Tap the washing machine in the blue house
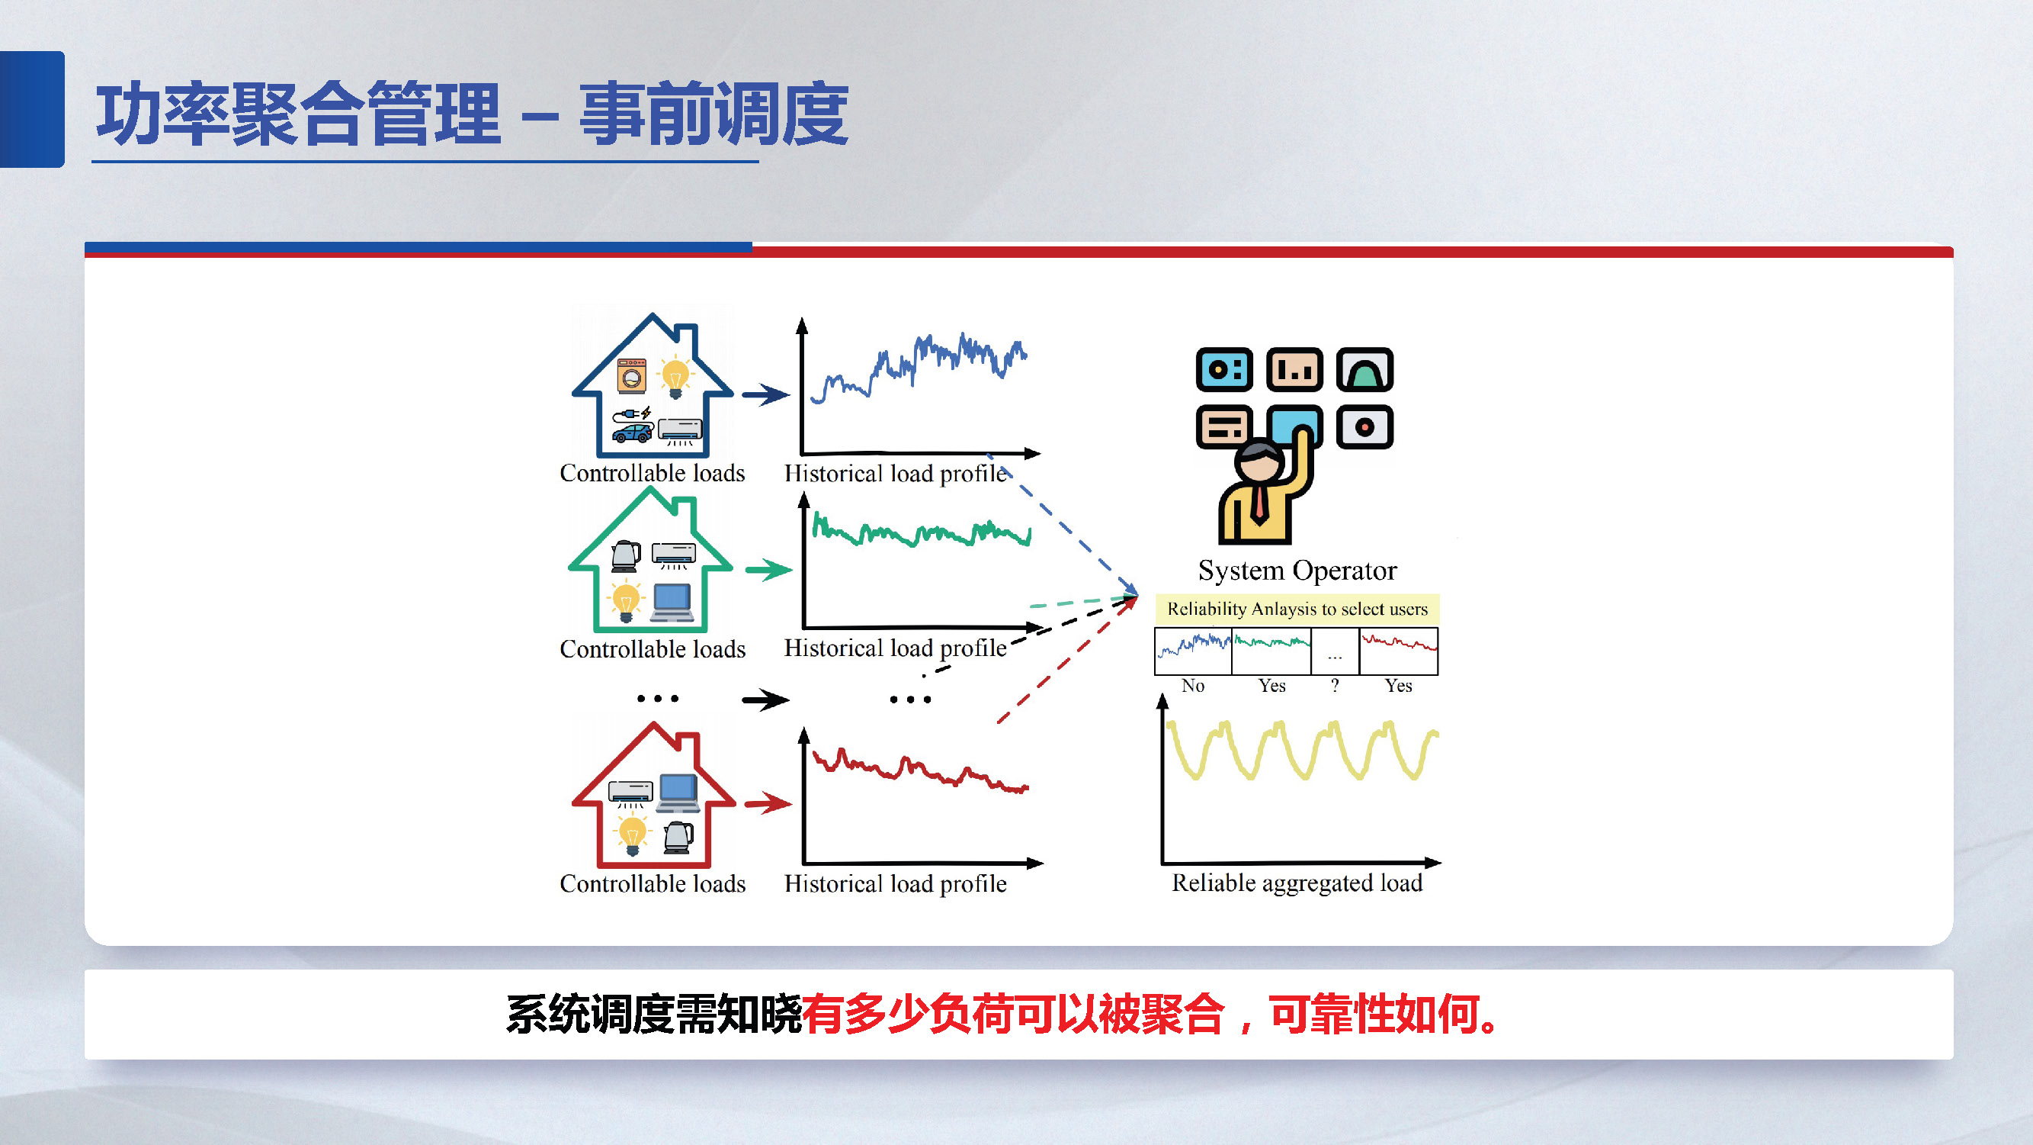pyautogui.click(x=631, y=376)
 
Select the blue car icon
pyautogui.click(x=633, y=433)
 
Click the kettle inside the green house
pyautogui.click(x=626, y=555)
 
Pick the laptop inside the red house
pyautogui.click(x=678, y=792)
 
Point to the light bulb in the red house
pyautogui.click(x=632, y=835)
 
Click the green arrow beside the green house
pyautogui.click(x=768, y=569)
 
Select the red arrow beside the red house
pyautogui.click(x=768, y=804)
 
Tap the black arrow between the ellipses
pyautogui.click(x=765, y=699)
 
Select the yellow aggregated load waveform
pyautogui.click(x=1302, y=750)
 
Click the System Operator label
pyautogui.click(x=1297, y=570)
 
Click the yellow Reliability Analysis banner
pyautogui.click(x=1297, y=609)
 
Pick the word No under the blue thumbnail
pyautogui.click(x=1192, y=686)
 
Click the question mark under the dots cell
pyautogui.click(x=1335, y=686)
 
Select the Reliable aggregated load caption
pyautogui.click(x=1297, y=882)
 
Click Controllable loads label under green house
pyautogui.click(x=652, y=649)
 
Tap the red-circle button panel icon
pyautogui.click(x=1364, y=427)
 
